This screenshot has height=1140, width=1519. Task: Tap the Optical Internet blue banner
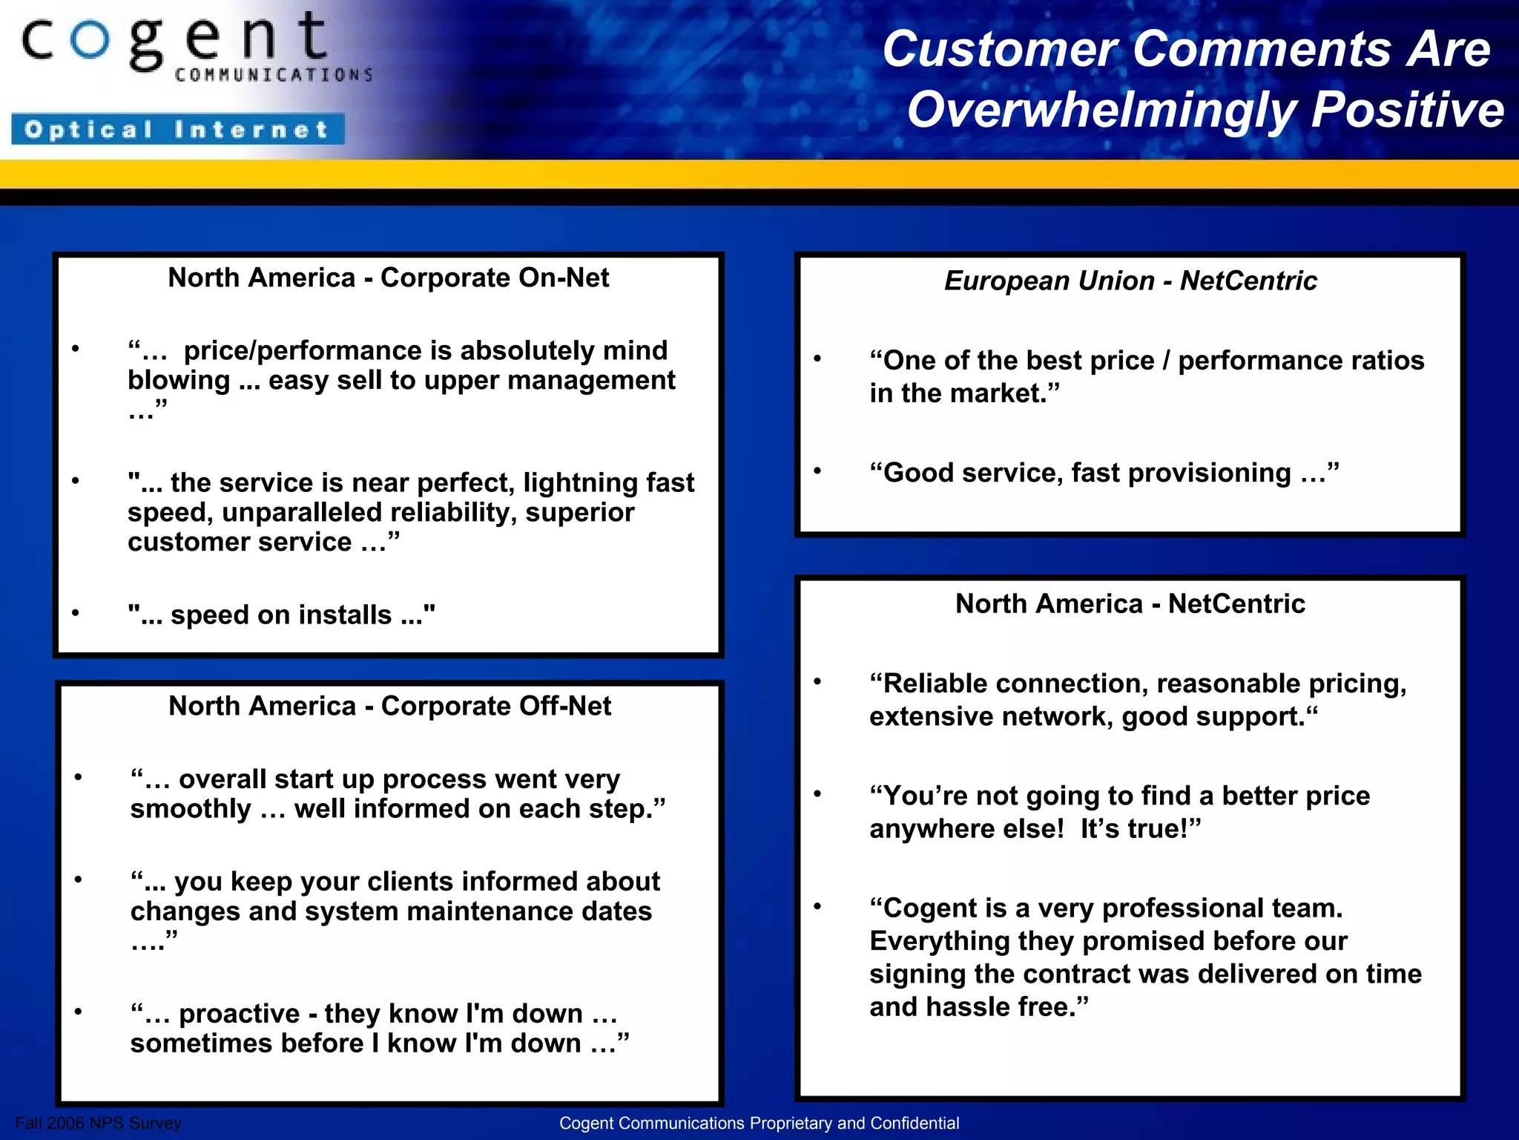(178, 129)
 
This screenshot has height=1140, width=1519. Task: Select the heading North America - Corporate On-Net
(389, 278)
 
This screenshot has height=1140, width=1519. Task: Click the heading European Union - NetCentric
(1130, 281)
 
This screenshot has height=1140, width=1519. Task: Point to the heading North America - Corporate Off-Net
(390, 706)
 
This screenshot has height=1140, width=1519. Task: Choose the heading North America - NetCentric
(1130, 603)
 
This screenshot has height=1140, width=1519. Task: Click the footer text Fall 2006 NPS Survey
(99, 1123)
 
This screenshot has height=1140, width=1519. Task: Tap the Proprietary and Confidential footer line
(759, 1123)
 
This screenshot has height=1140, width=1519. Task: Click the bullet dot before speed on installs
(76, 613)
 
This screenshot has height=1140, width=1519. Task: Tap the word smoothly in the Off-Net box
(191, 809)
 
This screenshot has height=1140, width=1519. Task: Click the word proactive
(240, 1014)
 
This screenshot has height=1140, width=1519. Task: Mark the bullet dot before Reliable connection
(817, 682)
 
